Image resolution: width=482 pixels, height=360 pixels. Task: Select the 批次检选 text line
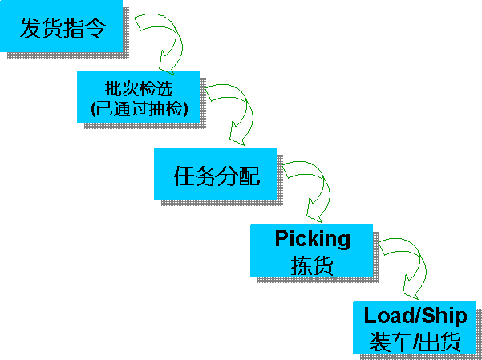(139, 87)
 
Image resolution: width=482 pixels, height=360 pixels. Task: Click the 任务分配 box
(216, 173)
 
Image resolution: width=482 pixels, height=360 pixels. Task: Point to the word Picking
(313, 239)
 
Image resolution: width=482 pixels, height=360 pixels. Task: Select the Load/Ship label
(415, 314)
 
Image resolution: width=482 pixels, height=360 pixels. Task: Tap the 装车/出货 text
(415, 342)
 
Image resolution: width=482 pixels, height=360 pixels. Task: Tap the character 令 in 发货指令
(115, 30)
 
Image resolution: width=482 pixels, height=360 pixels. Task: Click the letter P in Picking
(281, 239)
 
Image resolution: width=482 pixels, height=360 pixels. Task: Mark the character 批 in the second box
(111, 87)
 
